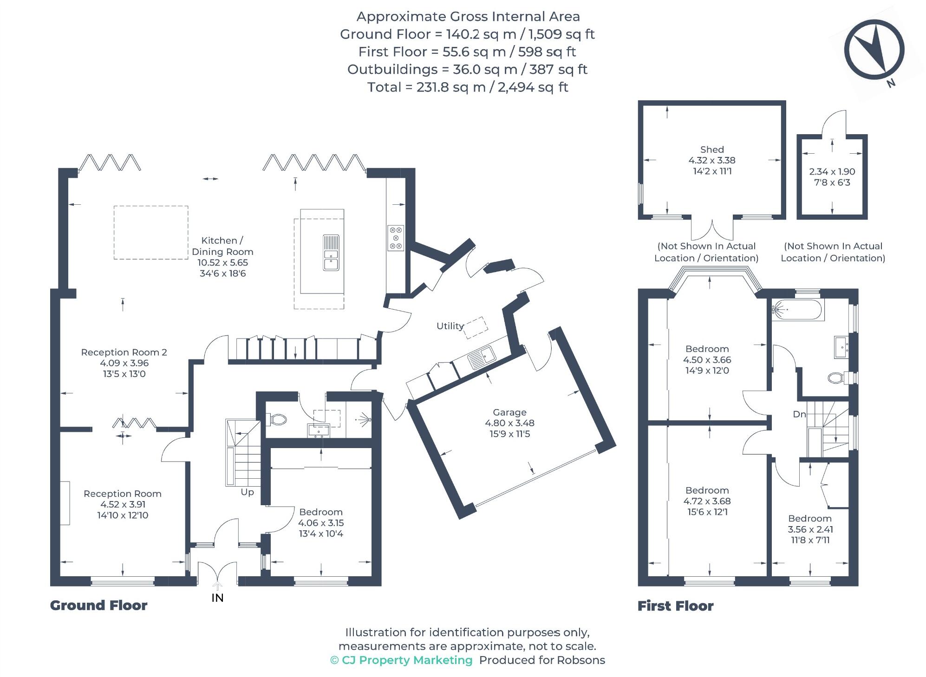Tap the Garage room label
pyautogui.click(x=509, y=412)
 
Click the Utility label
pyautogui.click(x=450, y=326)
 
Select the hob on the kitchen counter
pyautogui.click(x=396, y=238)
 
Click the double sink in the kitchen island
pyautogui.click(x=331, y=253)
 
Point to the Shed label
pyautogui.click(x=711, y=150)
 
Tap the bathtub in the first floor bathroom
pyautogui.click(x=797, y=309)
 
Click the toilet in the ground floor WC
pyautogui.click(x=278, y=420)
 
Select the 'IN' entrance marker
pyautogui.click(x=217, y=598)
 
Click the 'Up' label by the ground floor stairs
pyautogui.click(x=247, y=492)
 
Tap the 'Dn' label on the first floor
pyautogui.click(x=799, y=414)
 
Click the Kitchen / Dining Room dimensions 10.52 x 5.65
pyautogui.click(x=223, y=262)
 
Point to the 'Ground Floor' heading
pyautogui.click(x=98, y=605)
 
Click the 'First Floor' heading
pyautogui.click(x=675, y=606)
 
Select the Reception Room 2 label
pyautogui.click(x=124, y=352)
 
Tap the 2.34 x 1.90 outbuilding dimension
pyautogui.click(x=832, y=172)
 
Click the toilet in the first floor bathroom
pyautogui.click(x=837, y=378)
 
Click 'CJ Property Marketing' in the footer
pyautogui.click(x=407, y=660)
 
